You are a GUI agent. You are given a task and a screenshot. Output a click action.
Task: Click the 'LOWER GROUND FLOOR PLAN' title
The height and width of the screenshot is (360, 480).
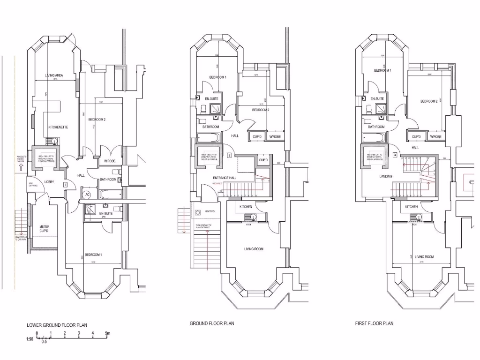coord(57,325)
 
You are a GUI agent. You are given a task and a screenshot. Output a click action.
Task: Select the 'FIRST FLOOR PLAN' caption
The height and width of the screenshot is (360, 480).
coord(374,323)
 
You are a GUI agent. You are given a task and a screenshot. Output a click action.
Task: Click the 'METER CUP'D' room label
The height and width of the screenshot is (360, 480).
coord(44,229)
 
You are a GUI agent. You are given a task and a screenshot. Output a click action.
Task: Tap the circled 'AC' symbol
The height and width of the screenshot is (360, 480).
coord(87,195)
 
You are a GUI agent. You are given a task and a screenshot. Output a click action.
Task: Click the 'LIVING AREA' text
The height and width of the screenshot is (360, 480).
coord(54,75)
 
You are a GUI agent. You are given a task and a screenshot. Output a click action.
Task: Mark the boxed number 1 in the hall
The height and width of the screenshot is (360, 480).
coord(65,185)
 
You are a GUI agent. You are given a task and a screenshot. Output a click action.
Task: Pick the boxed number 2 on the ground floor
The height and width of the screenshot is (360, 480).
coord(229,155)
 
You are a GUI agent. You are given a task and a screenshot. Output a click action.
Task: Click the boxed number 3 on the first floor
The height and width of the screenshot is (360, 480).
coord(395,155)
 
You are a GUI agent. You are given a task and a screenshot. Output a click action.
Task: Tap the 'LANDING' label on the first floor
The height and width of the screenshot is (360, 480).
coord(386,176)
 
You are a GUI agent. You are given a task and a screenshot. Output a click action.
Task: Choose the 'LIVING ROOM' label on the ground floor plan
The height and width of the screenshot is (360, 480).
coord(254,249)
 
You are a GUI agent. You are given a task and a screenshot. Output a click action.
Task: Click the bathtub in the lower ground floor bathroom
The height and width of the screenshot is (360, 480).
coord(109,194)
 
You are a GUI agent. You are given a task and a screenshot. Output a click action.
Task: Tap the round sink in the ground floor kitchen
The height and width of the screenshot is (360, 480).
coord(253,217)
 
